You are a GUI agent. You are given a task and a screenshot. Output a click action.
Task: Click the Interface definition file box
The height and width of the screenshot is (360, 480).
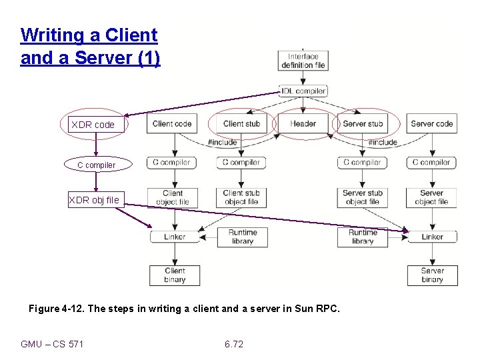pos(303,61)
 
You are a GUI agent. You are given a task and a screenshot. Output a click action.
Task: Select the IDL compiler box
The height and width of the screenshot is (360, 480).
pos(303,91)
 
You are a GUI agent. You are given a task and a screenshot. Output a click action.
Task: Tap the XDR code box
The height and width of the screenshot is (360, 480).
pos(96,125)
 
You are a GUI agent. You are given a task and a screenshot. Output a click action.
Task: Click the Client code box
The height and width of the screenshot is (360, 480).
pos(172,123)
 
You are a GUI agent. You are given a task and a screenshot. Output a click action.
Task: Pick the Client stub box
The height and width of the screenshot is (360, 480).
pos(241,123)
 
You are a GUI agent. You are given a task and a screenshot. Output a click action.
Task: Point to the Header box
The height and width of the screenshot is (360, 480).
pos(303,123)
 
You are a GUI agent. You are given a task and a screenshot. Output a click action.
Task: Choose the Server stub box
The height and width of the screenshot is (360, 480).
pos(363,123)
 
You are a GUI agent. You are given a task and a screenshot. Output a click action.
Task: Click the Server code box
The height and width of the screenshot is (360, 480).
pos(431,123)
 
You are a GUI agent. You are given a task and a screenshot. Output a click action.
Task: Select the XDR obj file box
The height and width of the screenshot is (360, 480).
pos(96,199)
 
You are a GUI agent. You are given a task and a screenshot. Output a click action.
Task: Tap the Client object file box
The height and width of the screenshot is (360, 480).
pos(173,197)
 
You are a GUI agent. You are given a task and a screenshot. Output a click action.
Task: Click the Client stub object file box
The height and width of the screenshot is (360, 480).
pos(241,197)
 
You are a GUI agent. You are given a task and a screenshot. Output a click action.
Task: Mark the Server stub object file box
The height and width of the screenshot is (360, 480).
pos(362,197)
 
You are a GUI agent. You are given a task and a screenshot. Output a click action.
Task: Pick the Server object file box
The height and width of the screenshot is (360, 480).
pos(431,197)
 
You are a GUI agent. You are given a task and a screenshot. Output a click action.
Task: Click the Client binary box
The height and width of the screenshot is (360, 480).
pos(174,275)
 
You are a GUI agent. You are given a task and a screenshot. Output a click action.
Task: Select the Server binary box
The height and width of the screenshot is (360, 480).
pos(432,275)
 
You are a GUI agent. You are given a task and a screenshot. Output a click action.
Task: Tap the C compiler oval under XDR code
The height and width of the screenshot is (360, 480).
pos(96,165)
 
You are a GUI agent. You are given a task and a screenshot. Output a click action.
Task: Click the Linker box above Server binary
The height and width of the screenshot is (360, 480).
pos(432,237)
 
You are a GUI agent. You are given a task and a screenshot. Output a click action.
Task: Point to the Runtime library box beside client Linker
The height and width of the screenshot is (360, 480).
pos(242,237)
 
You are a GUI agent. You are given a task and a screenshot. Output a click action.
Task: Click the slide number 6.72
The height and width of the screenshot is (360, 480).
pos(234,344)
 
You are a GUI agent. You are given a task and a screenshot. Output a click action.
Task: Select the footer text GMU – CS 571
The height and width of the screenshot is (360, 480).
pos(52,344)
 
